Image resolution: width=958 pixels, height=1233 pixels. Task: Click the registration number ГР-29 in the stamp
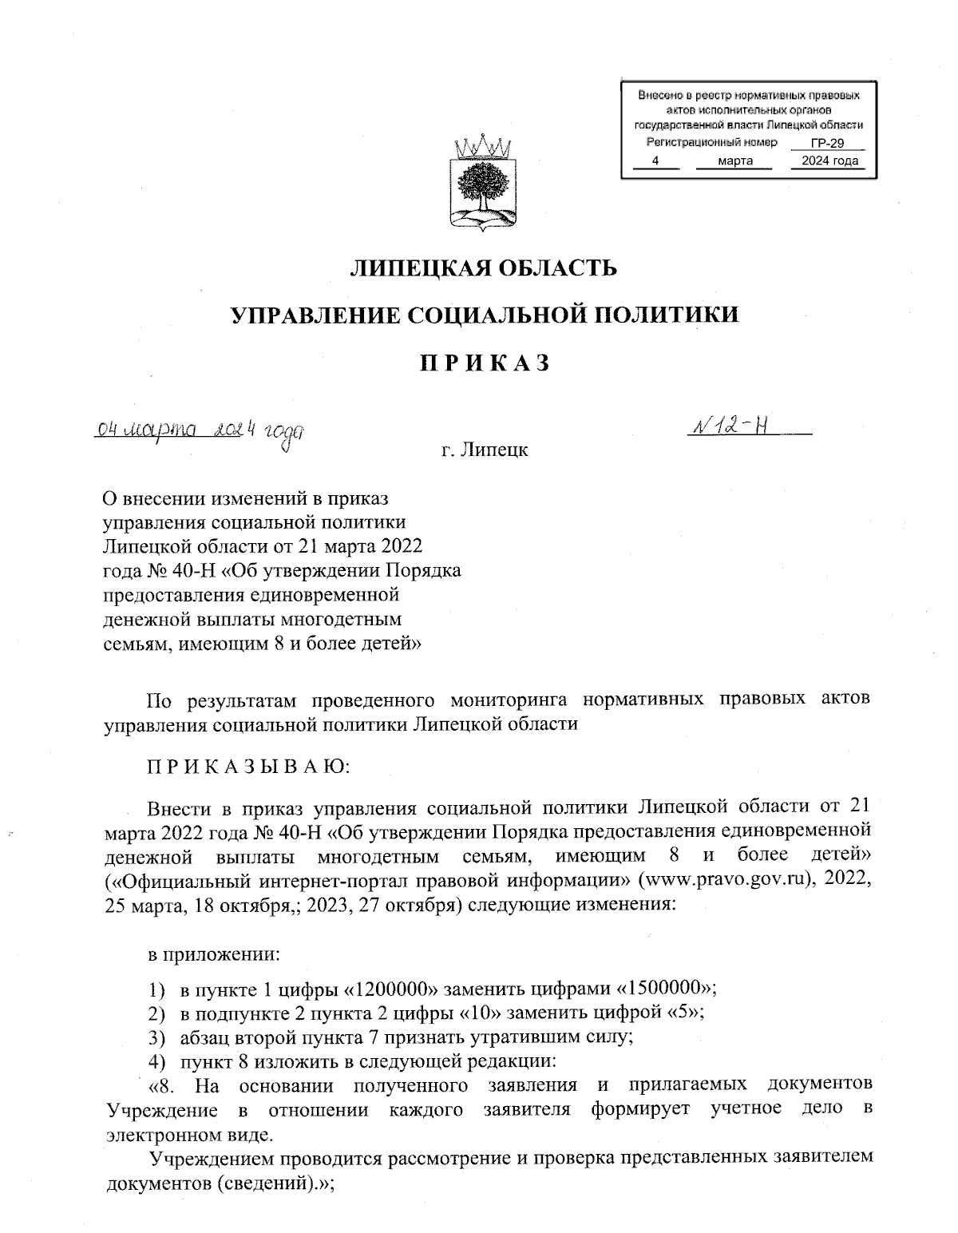[826, 143]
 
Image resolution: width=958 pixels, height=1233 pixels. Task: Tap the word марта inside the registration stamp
[735, 161]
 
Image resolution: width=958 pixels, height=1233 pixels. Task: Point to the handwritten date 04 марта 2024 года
[200, 432]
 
